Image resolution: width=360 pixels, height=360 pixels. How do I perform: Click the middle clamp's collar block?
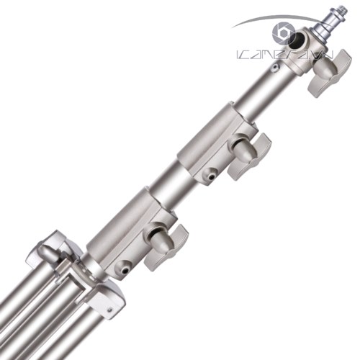(205, 148)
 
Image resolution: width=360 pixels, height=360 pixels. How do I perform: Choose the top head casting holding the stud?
(302, 54)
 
